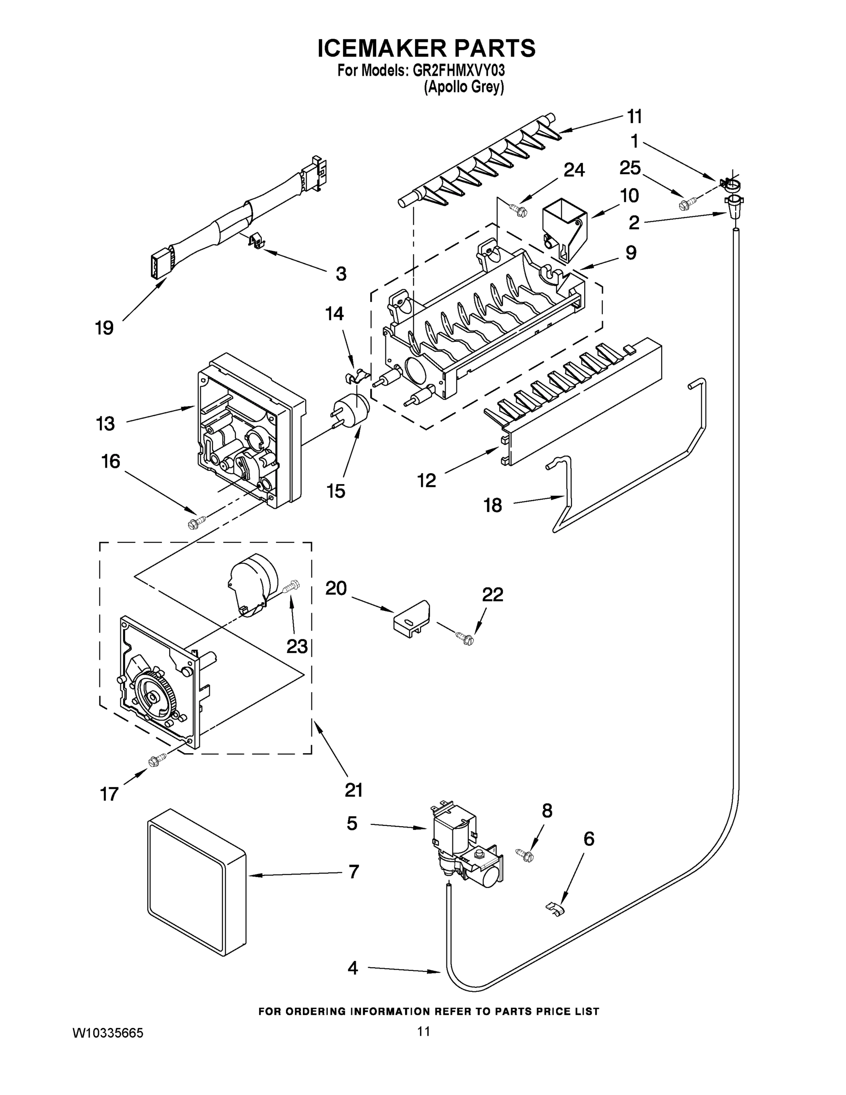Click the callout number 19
point(104,328)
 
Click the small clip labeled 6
point(554,908)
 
